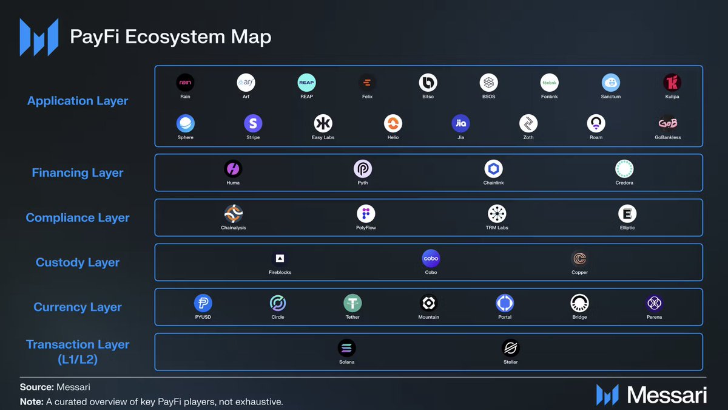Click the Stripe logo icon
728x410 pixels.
pyautogui.click(x=253, y=124)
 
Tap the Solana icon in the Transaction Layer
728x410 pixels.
pyautogui.click(x=347, y=348)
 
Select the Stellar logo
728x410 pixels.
pyautogui.click(x=511, y=348)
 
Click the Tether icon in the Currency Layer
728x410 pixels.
pyautogui.click(x=352, y=303)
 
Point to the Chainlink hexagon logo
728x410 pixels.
pyautogui.click(x=493, y=169)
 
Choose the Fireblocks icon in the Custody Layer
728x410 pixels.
pyautogui.click(x=280, y=258)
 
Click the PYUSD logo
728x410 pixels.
pyautogui.click(x=203, y=303)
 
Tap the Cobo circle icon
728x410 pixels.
pyautogui.click(x=431, y=258)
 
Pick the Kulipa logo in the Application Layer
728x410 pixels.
pyautogui.click(x=672, y=83)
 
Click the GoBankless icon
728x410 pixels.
pyautogui.click(x=668, y=124)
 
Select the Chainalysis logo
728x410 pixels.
pyautogui.click(x=234, y=214)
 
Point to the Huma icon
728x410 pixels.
pyautogui.click(x=233, y=169)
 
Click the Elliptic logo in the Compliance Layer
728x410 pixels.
pyautogui.click(x=627, y=214)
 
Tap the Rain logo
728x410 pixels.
pyautogui.click(x=185, y=83)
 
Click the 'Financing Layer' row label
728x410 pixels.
pyautogui.click(x=77, y=173)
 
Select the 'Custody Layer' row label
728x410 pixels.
pyautogui.click(x=78, y=263)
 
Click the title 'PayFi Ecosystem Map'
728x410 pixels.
pyautogui.click(x=170, y=36)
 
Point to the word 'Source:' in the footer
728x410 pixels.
pyautogui.click(x=36, y=387)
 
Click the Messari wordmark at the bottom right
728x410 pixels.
pyautogui.click(x=667, y=395)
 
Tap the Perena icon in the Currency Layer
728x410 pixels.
pyautogui.click(x=654, y=303)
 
